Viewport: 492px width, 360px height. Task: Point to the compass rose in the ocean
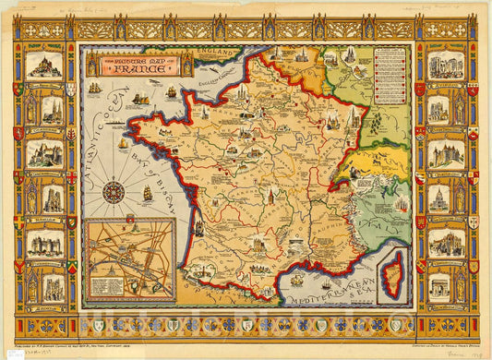coord(114,192)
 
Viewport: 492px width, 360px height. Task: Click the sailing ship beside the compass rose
coord(146,194)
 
